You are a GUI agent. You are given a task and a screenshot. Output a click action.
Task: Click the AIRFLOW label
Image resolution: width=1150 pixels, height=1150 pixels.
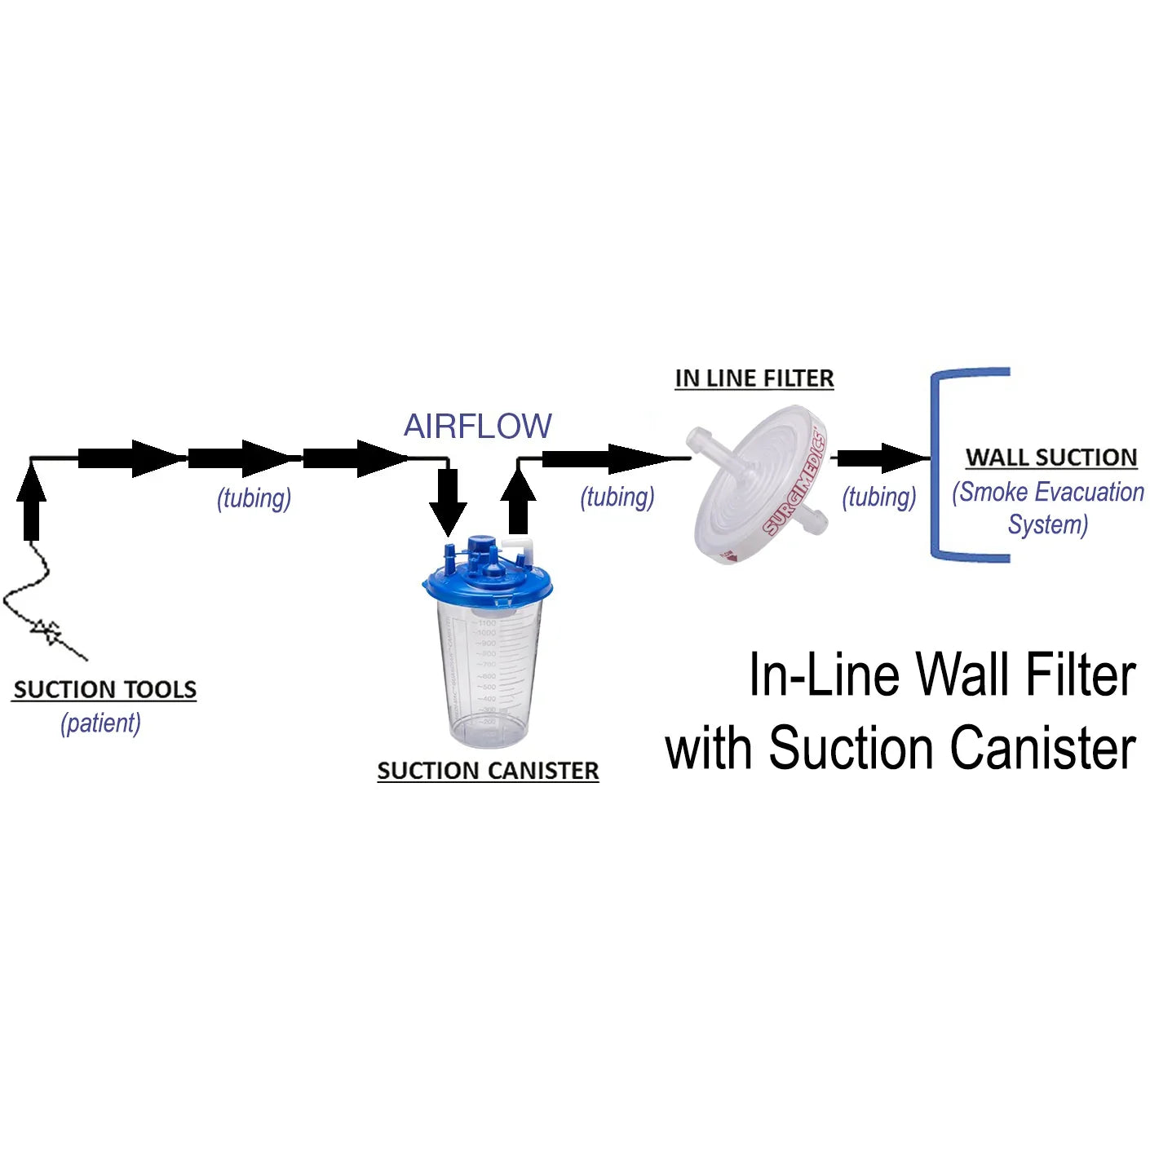point(478,427)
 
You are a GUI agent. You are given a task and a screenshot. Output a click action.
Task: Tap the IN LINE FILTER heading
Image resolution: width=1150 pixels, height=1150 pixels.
point(754,379)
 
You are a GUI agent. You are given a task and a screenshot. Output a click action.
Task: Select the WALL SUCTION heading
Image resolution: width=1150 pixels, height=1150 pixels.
point(1051,458)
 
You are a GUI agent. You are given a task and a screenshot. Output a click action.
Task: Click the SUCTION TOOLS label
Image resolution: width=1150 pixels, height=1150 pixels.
point(104,690)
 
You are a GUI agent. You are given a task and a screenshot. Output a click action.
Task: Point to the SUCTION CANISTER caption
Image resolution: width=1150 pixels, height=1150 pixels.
point(488,771)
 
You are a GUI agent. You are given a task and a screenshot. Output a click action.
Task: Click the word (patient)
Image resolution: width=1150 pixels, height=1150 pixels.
point(101,723)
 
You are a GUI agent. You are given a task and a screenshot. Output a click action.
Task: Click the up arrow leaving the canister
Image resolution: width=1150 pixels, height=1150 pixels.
point(519,502)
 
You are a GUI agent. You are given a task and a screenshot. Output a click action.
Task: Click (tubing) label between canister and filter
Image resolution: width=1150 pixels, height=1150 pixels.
point(617,498)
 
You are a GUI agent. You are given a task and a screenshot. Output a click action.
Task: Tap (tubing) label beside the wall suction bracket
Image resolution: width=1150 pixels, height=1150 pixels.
point(879,498)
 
